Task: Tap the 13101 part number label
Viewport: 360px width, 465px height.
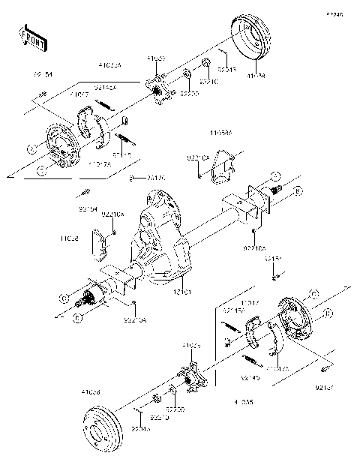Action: (x=184, y=289)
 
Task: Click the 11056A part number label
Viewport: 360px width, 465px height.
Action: (x=222, y=132)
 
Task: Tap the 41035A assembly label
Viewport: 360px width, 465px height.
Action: (x=109, y=65)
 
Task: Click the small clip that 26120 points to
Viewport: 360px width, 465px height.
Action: (x=132, y=178)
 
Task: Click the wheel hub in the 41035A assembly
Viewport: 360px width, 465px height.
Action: (x=156, y=91)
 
